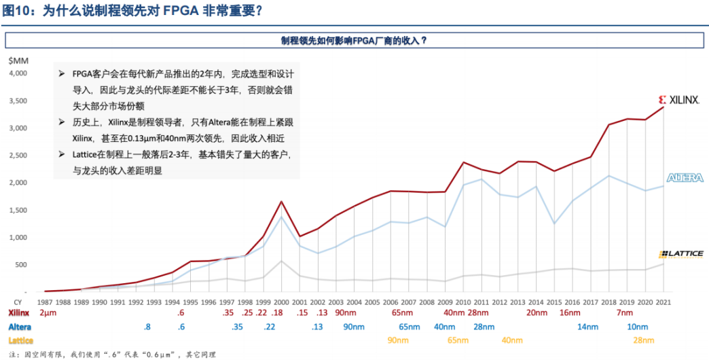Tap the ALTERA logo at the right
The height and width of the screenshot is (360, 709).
685,178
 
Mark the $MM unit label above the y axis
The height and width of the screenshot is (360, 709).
18,60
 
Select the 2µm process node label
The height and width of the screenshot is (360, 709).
47,313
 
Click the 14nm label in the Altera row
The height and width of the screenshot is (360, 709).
587,327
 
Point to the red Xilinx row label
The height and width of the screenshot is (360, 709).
18,313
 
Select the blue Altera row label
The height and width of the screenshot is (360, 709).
19,327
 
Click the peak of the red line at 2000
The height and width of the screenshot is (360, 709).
281,201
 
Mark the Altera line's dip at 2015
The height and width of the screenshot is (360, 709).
554,223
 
